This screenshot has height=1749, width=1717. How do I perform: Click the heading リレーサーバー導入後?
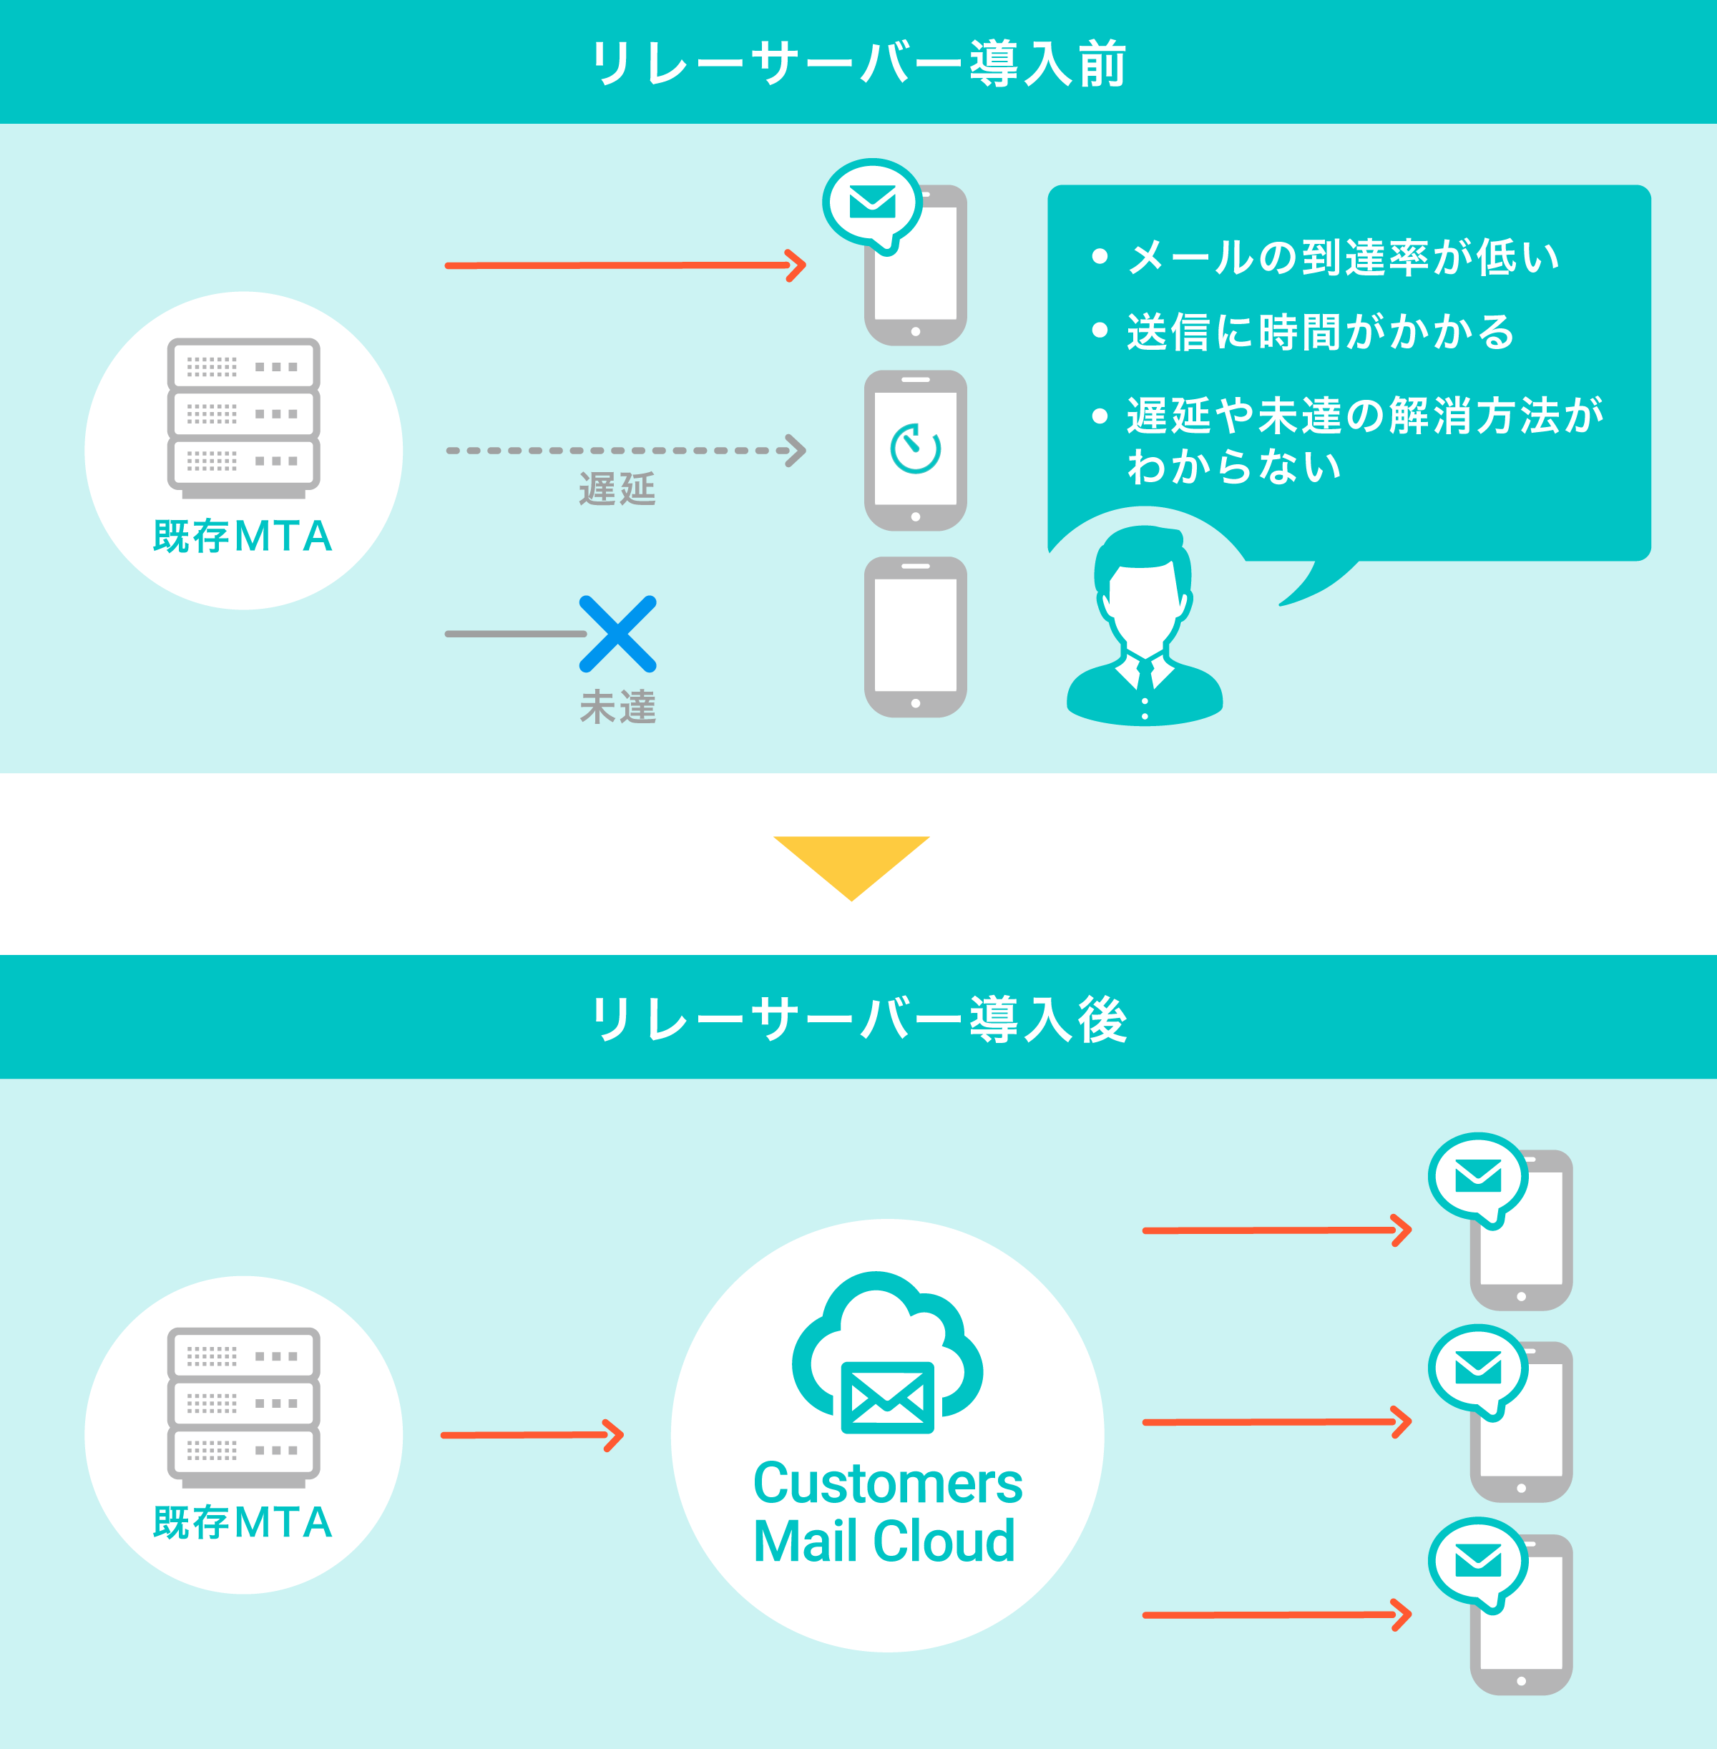point(858,1021)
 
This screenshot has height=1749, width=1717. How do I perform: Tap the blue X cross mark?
point(617,634)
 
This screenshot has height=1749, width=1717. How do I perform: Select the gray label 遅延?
point(617,489)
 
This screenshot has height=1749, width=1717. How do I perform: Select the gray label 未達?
point(617,707)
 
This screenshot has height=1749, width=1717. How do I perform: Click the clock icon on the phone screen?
point(915,448)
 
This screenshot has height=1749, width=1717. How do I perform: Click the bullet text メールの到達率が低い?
point(1344,258)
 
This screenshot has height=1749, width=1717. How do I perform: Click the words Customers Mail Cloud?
point(887,1512)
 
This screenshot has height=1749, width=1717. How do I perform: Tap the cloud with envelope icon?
point(887,1352)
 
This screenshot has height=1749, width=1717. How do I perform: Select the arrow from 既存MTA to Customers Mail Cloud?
point(532,1435)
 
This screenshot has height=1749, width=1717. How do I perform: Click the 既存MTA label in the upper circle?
point(243,537)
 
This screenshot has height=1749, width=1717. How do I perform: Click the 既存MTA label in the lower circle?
point(243,1523)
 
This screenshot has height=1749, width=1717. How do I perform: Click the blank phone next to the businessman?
point(915,637)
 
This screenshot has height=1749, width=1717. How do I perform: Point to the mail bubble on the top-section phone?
point(873,205)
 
